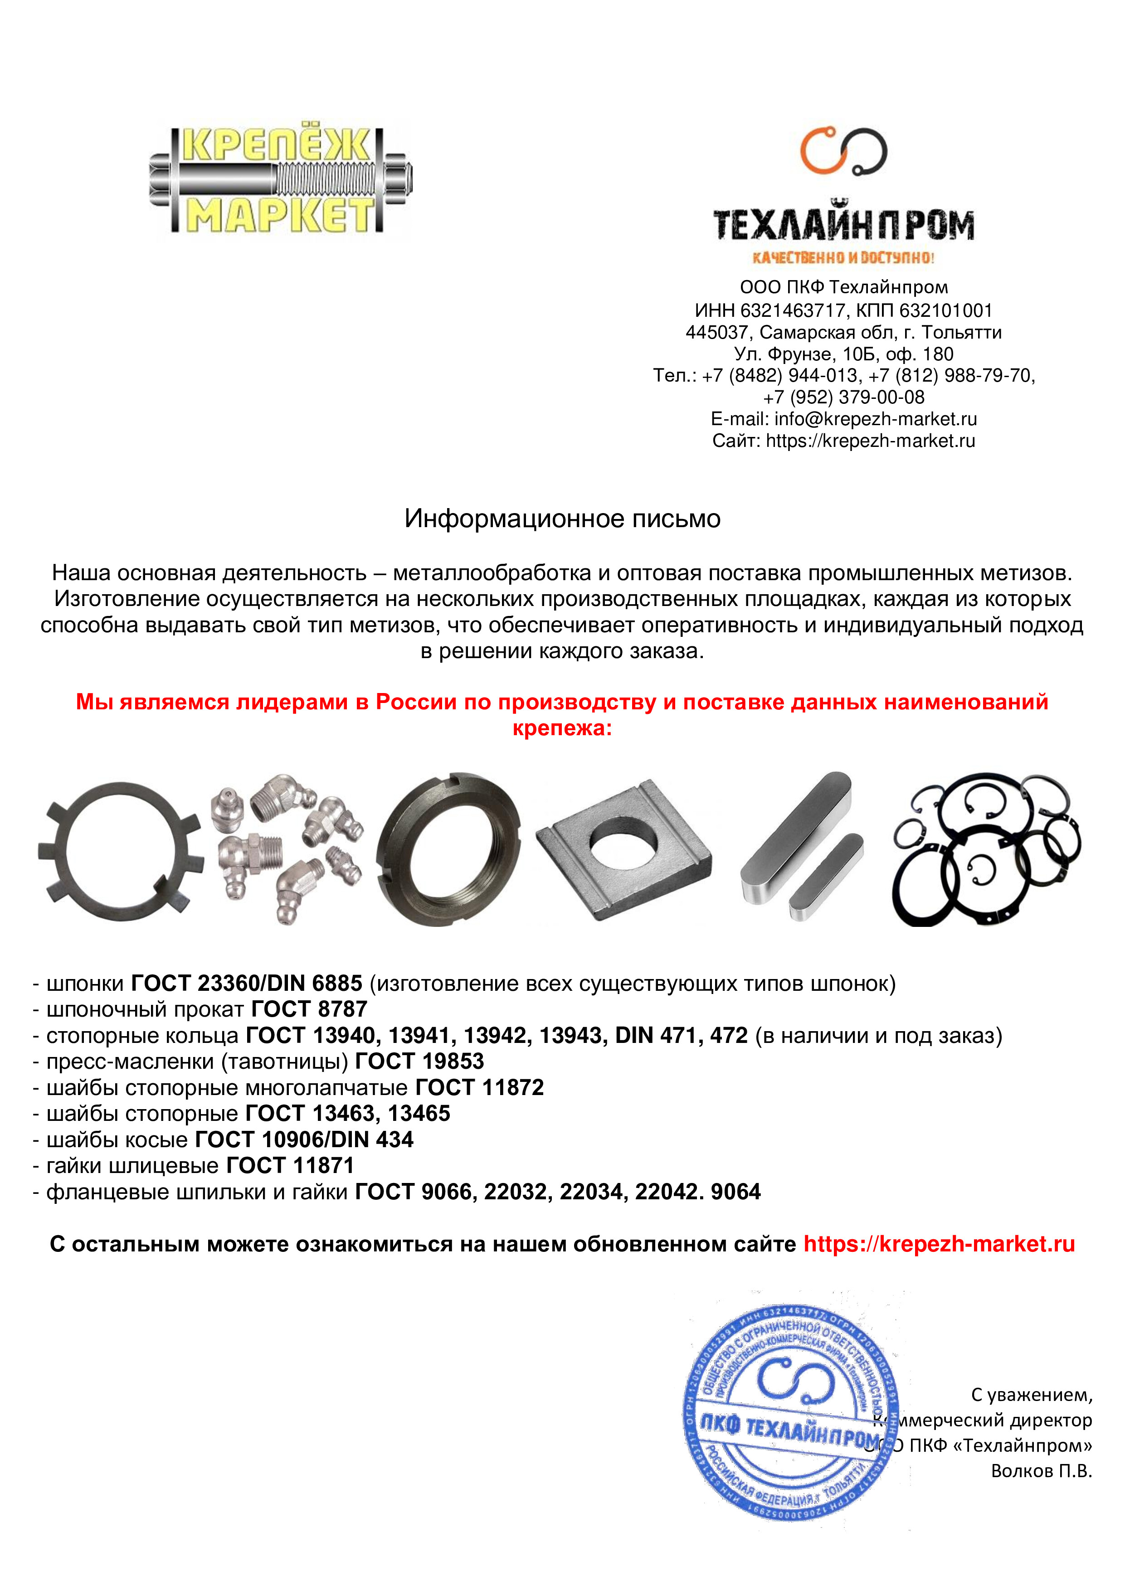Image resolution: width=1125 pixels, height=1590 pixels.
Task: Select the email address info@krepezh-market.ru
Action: [x=876, y=419]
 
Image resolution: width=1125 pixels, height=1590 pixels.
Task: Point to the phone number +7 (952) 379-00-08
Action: [x=844, y=397]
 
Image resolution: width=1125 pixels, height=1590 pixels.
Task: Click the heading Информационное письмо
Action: [x=562, y=519]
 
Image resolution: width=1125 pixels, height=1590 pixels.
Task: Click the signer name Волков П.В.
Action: [x=1041, y=1471]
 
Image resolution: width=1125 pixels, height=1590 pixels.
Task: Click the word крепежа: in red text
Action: [x=562, y=728]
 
